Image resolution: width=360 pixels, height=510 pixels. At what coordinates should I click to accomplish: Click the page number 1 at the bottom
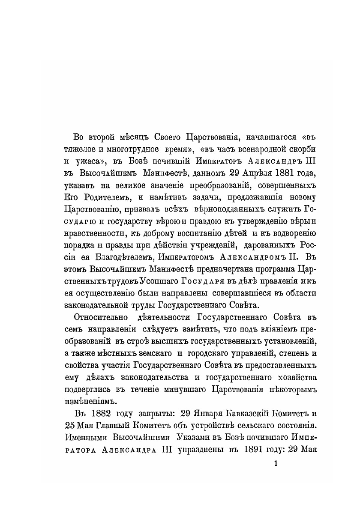click(x=275, y=464)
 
